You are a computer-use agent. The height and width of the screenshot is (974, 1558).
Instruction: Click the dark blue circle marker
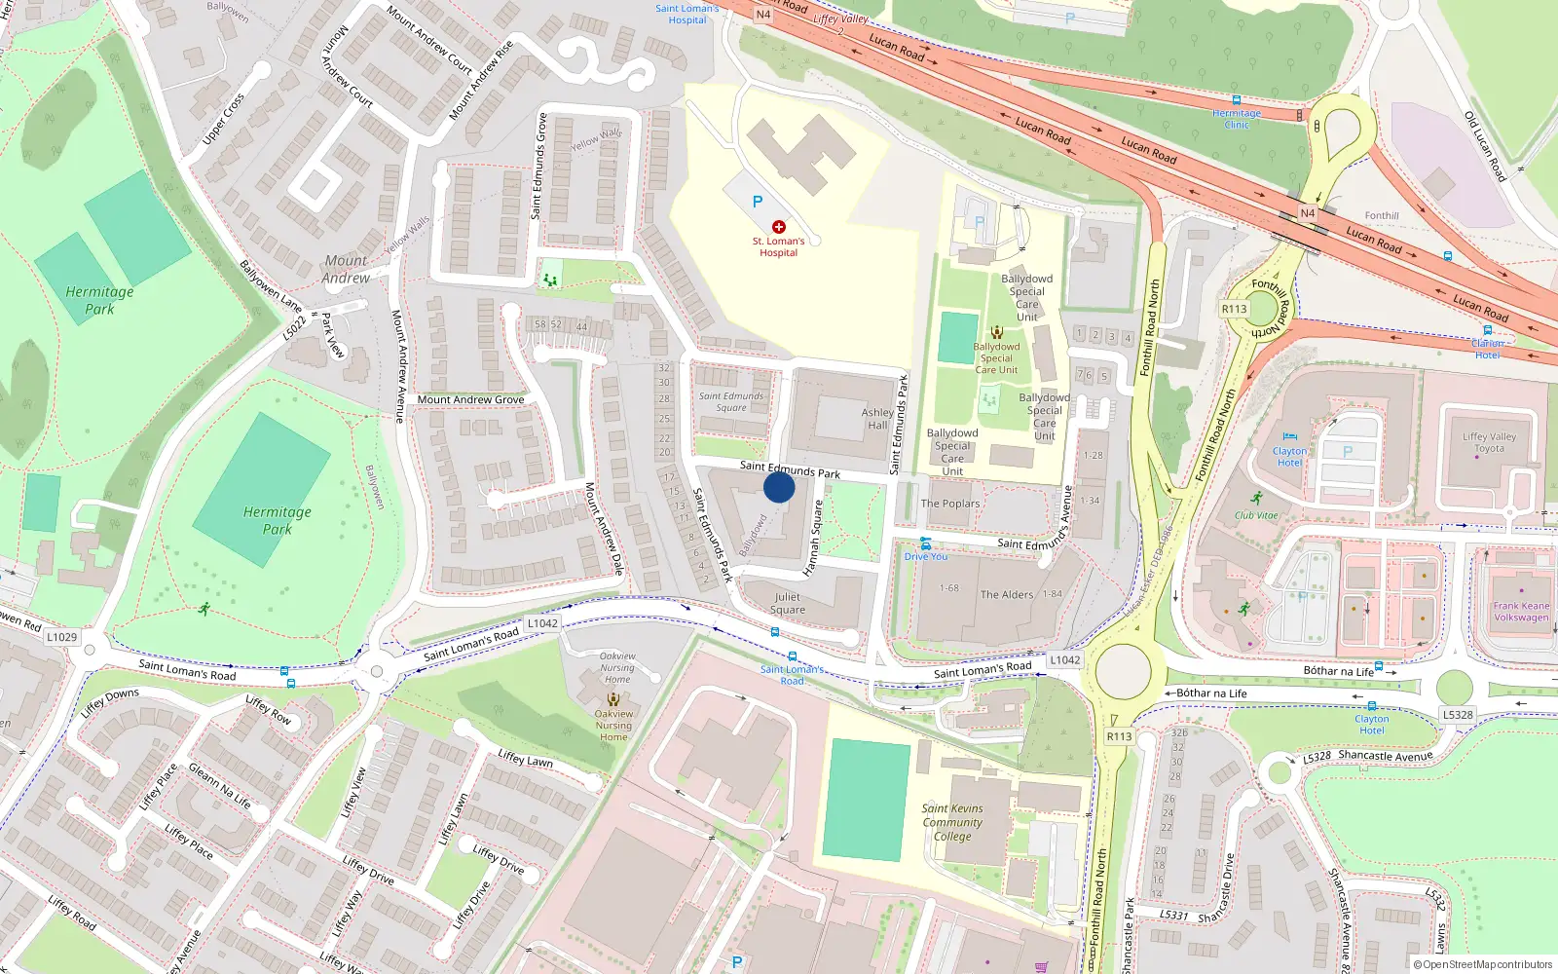click(779, 487)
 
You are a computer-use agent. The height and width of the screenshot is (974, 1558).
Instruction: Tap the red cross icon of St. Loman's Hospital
click(779, 226)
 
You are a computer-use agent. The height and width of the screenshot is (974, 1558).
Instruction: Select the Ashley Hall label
click(877, 419)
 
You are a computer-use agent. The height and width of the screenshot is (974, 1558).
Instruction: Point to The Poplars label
click(950, 504)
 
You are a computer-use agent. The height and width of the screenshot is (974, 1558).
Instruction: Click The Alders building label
click(1007, 594)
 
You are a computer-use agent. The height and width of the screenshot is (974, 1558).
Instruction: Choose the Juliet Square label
click(788, 603)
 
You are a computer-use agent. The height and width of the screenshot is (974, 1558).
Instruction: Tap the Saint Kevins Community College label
click(952, 822)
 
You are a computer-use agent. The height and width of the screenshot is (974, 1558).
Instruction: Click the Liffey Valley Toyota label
click(1489, 442)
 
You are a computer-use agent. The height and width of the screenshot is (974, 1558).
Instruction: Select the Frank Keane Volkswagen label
click(1521, 611)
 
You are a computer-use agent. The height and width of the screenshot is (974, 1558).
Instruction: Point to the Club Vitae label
click(1256, 515)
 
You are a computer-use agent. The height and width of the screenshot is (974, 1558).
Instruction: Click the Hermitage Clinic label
click(1237, 119)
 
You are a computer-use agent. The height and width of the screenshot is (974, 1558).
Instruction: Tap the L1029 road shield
click(61, 637)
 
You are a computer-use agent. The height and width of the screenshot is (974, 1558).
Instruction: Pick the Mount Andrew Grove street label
click(470, 399)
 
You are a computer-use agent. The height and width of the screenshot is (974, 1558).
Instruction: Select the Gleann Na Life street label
click(220, 786)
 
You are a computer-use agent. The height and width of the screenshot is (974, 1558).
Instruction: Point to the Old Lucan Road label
click(1485, 147)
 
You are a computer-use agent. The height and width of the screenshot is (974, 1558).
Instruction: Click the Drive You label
click(925, 556)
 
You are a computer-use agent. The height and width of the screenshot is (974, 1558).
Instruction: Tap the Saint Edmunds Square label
click(731, 401)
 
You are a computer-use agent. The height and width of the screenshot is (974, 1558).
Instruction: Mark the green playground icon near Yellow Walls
click(550, 281)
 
